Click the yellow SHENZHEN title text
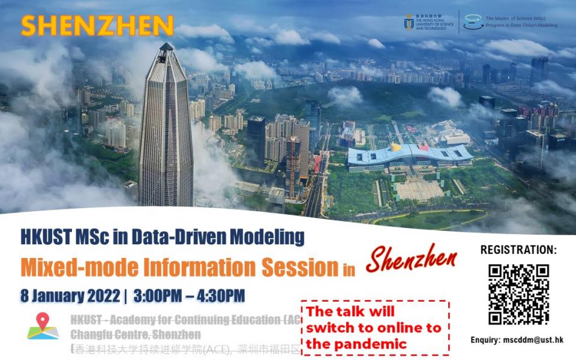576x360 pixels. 97,25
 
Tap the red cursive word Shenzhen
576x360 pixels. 411,259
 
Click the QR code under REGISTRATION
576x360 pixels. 518,294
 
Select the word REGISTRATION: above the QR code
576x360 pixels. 518,250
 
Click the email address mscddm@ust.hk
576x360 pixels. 537,340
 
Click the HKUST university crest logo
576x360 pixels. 409,22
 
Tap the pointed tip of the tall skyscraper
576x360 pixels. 166,45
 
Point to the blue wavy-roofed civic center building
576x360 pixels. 410,155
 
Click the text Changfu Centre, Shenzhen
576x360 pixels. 135,334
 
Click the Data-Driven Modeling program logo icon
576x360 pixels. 473,22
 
